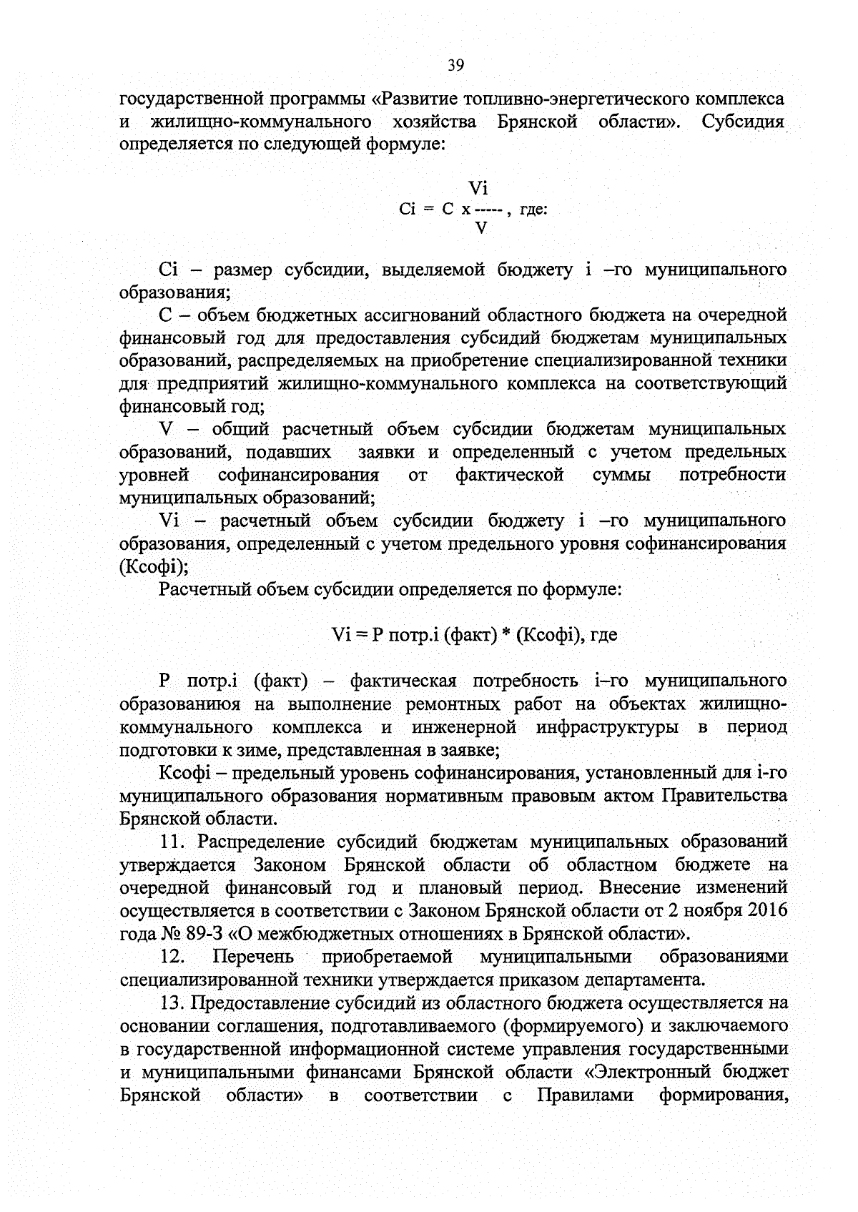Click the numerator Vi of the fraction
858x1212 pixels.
pos(478,189)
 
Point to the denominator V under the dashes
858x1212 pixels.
pos(481,228)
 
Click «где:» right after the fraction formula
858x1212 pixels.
pos(533,210)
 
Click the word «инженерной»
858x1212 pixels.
pos(464,727)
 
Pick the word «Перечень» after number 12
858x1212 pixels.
pos(252,957)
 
